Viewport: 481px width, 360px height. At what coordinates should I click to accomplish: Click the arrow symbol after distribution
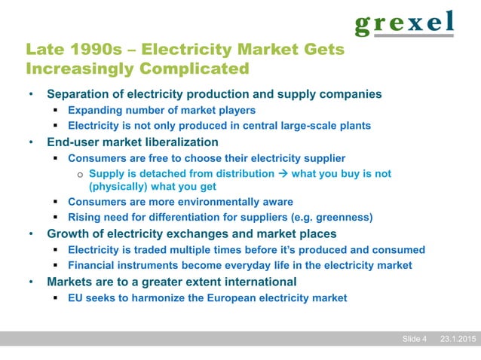(283, 174)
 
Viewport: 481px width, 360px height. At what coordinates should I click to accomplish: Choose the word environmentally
(225, 202)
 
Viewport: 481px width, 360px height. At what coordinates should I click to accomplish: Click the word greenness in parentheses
(343, 218)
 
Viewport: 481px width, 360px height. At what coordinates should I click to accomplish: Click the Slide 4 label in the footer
(414, 339)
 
